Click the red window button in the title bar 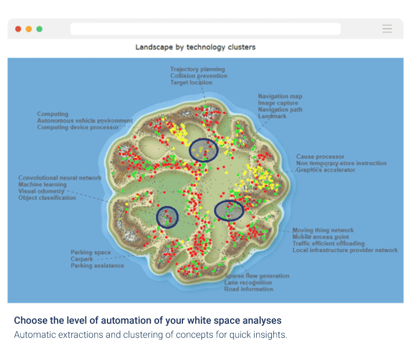[18, 29]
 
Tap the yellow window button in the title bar [28, 29]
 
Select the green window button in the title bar [39, 29]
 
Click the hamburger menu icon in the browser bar [387, 29]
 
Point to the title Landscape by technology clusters [195, 47]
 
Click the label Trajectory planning [198, 69]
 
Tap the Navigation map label [280, 96]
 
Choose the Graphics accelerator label [325, 170]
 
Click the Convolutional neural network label [60, 178]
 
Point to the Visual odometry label [41, 191]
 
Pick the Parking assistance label [97, 266]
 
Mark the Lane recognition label [249, 283]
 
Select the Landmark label [272, 116]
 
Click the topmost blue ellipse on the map [204, 150]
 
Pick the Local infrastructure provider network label [345, 250]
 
